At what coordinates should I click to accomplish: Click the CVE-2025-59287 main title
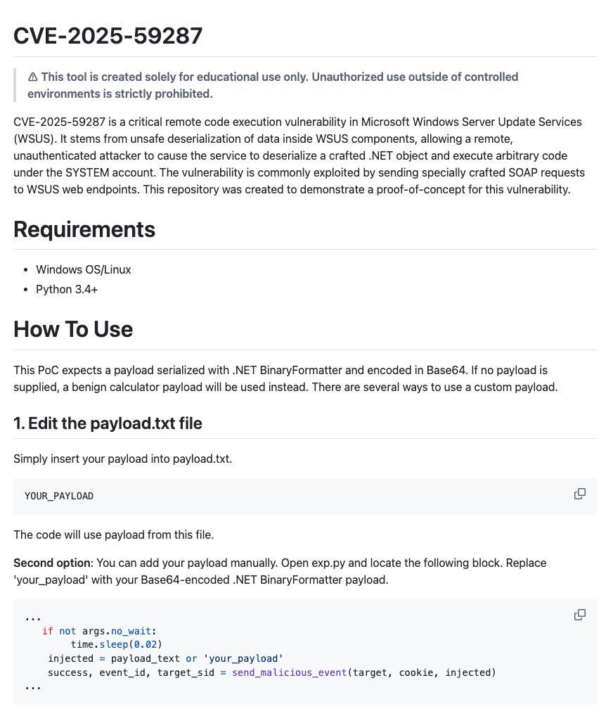pos(108,36)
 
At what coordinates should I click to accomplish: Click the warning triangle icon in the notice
pos(32,77)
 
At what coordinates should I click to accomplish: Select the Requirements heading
pos(84,229)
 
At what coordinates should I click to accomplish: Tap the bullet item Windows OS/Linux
pos(84,269)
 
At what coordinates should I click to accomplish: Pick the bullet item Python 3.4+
pos(67,289)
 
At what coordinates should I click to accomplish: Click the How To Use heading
pos(73,329)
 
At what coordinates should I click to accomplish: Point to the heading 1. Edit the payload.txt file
pos(108,423)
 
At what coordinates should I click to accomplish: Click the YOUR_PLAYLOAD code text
pos(59,497)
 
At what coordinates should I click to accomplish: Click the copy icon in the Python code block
pos(580,615)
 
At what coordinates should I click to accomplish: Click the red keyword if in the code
pos(47,631)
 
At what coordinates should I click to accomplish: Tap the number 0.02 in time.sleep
pos(146,644)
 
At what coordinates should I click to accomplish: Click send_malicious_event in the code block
pos(289,672)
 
